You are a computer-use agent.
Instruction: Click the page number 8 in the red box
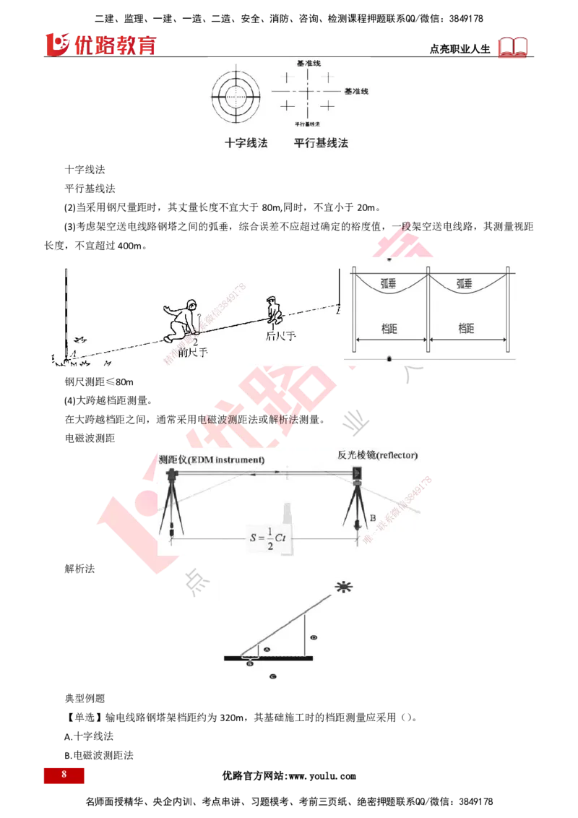tap(64, 775)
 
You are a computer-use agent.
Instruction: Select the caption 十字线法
tap(245, 143)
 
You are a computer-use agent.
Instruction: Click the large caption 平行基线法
tap(321, 143)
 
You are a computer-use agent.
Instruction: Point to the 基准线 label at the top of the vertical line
tap(309, 64)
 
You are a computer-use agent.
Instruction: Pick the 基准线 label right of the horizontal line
tap(356, 92)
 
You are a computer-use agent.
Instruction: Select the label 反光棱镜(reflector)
tap(377, 455)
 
